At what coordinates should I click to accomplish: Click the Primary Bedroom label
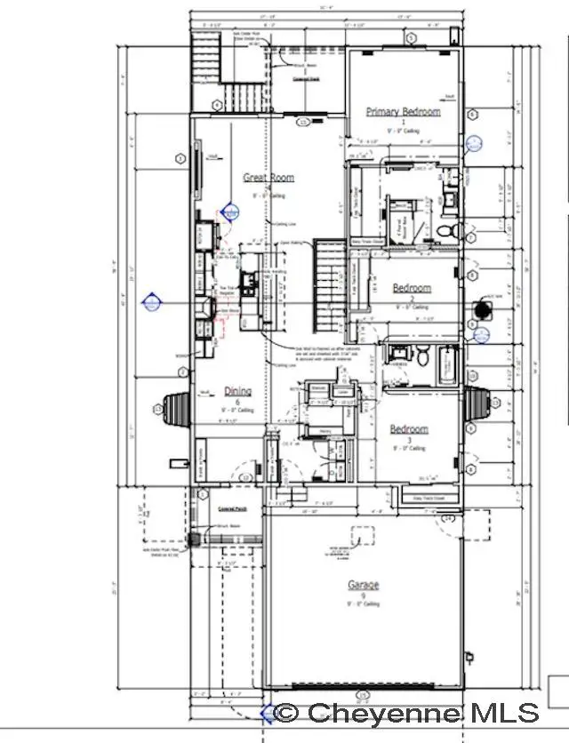click(x=403, y=111)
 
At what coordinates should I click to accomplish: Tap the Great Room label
click(x=268, y=178)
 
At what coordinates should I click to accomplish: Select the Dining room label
click(x=237, y=391)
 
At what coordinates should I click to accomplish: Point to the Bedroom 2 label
click(x=411, y=288)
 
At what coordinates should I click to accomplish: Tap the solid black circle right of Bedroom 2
click(x=483, y=309)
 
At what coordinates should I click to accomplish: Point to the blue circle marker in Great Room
click(x=231, y=212)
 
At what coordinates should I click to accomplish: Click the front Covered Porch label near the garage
click(x=231, y=509)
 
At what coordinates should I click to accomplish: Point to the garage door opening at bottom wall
click(x=363, y=686)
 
